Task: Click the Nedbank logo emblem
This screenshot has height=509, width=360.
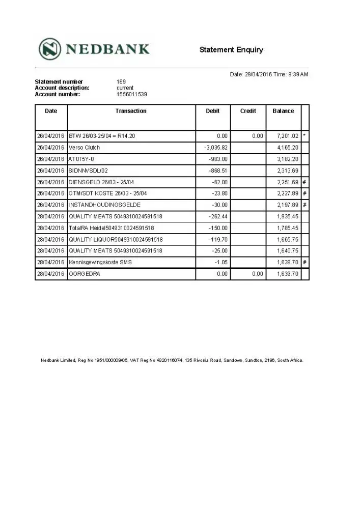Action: click(50, 49)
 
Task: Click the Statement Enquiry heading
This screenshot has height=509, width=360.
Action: click(231, 49)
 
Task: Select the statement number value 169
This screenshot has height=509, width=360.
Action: click(121, 82)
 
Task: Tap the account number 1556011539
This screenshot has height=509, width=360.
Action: click(132, 94)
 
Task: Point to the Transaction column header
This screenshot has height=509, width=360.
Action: click(131, 111)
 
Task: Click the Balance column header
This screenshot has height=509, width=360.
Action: click(283, 111)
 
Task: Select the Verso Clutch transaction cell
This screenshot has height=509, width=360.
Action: click(85, 148)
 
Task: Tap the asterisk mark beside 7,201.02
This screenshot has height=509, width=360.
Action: click(305, 136)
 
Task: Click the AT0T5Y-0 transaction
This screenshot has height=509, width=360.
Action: click(81, 159)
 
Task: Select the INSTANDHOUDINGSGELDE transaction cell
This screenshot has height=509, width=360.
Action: click(104, 205)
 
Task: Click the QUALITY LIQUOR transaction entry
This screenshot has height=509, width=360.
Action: click(116, 239)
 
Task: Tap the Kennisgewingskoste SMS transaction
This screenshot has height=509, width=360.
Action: click(100, 262)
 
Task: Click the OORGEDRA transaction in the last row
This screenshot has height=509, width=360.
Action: click(85, 274)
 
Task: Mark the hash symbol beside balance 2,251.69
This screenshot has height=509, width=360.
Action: click(305, 182)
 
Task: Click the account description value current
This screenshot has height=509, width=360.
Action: click(125, 88)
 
